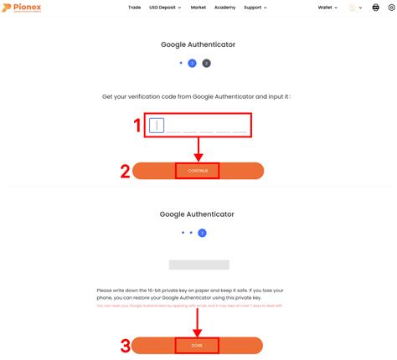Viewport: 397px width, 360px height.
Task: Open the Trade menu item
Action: [134, 8]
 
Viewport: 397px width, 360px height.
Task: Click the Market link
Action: [198, 8]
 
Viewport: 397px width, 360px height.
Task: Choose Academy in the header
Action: [224, 8]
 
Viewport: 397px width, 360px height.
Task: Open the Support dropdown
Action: [255, 8]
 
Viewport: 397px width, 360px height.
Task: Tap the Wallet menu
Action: [327, 8]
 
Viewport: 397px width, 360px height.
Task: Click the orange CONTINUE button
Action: [198, 171]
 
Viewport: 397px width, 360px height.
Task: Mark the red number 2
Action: [125, 171]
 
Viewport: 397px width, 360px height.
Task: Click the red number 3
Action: [125, 345]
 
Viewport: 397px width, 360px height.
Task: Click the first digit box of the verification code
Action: [157, 126]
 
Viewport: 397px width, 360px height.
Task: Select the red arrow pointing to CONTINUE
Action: [198, 149]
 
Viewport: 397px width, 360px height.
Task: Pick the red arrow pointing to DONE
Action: [198, 321]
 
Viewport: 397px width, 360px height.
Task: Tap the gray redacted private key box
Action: [198, 265]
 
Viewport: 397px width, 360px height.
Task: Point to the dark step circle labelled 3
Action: [207, 63]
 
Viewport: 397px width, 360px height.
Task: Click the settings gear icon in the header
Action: [390, 8]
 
